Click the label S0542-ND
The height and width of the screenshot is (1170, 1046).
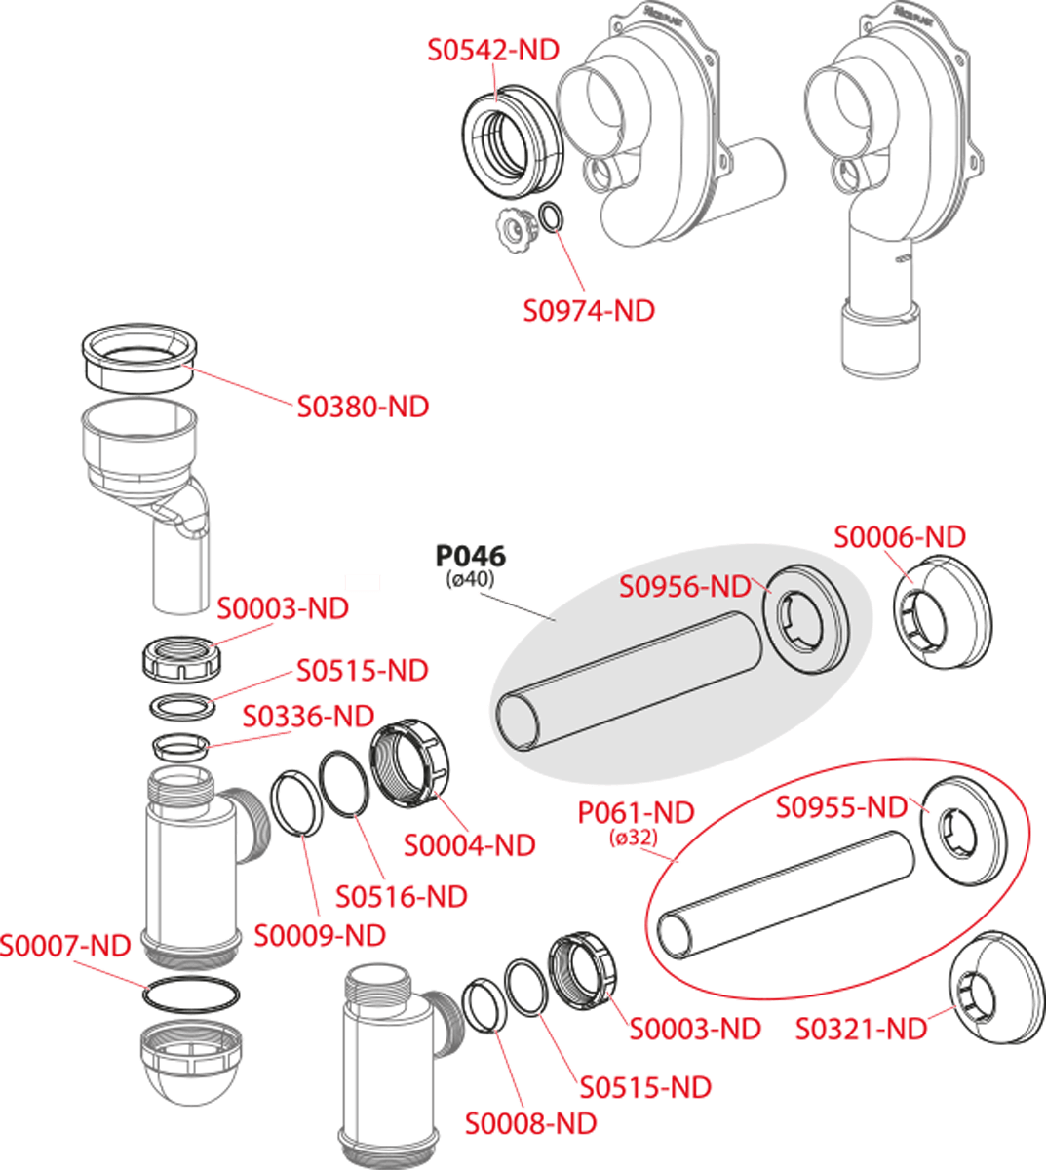[493, 50]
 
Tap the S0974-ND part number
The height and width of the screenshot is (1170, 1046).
[589, 311]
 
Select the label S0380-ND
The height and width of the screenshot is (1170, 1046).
[363, 406]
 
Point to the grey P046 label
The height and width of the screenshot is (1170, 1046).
[470, 557]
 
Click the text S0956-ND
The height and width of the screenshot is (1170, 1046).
[685, 586]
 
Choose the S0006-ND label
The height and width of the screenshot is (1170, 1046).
[900, 536]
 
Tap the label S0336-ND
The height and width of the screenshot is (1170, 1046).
[308, 717]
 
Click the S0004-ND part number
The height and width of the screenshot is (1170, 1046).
[470, 845]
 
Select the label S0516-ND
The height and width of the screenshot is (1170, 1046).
[402, 895]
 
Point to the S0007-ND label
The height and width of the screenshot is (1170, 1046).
[65, 945]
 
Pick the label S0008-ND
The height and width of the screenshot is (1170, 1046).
[530, 1123]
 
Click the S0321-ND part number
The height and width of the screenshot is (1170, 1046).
[861, 1029]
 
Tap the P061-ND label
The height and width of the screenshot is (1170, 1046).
[636, 811]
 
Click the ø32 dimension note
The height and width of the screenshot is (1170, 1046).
[634, 837]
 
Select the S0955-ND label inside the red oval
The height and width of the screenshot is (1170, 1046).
[841, 807]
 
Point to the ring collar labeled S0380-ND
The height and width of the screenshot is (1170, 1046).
[138, 357]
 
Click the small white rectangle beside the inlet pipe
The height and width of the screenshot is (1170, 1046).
[362, 582]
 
